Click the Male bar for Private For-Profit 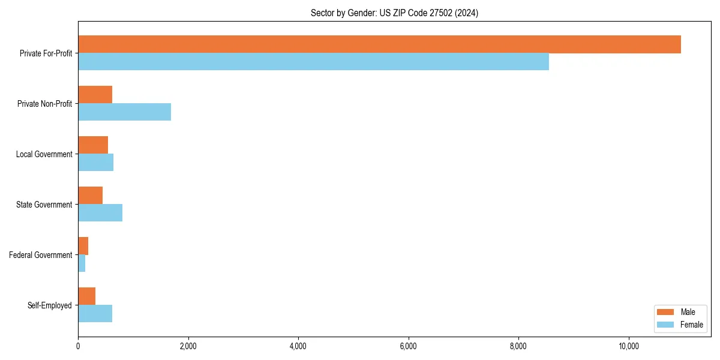379,44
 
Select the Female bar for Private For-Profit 313,62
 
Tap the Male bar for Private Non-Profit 95,95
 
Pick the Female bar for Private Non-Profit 124,112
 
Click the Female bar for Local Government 95,163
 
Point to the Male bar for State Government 90,196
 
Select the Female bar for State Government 100,213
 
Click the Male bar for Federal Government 83,246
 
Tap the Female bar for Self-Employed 95,314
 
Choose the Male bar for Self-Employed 86,296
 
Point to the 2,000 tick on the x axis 188,346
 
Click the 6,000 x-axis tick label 409,346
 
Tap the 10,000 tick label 629,346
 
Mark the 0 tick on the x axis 78,346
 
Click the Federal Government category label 41,255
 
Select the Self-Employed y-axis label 50,305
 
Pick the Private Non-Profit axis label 44,104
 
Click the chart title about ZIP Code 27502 394,13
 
